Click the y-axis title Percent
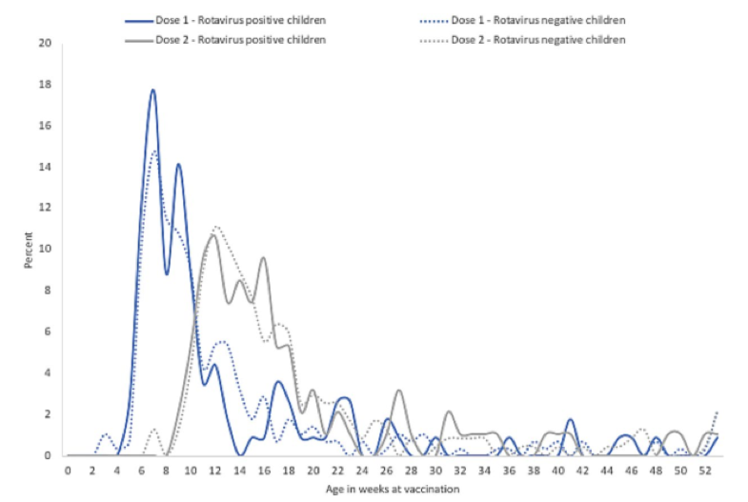click(x=30, y=250)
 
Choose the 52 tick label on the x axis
click(x=705, y=470)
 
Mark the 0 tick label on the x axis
click(x=68, y=470)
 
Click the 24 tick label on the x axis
click(x=362, y=470)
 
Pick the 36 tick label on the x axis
click(x=509, y=470)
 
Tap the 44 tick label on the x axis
click(x=607, y=470)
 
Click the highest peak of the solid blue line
click(x=152, y=90)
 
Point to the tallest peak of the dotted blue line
click(x=154, y=151)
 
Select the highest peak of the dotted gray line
click(x=216, y=227)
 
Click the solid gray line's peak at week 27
click(x=398, y=391)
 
